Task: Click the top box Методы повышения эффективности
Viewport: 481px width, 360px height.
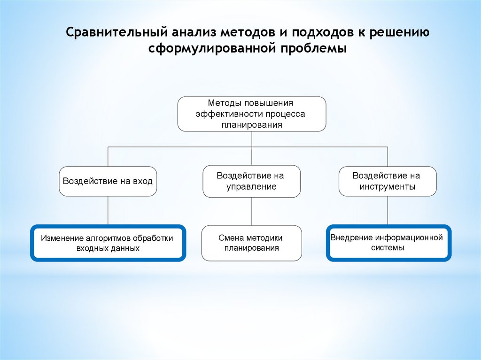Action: coord(252,114)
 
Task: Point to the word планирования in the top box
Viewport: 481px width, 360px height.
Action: coord(252,125)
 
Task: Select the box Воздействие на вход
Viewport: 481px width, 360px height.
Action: coord(108,181)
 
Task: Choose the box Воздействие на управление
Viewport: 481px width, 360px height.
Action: coord(252,181)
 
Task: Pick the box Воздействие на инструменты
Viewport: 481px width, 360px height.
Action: coord(388,181)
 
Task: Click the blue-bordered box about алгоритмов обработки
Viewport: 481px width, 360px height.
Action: coord(108,243)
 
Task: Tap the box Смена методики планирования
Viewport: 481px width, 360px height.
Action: coord(252,243)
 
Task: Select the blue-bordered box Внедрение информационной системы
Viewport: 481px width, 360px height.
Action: coord(388,242)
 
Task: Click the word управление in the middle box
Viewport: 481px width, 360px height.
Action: coord(252,187)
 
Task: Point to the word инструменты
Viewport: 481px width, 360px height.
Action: coord(388,187)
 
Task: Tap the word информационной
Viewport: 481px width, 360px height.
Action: coord(411,237)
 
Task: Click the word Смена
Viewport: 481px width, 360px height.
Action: coord(229,238)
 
